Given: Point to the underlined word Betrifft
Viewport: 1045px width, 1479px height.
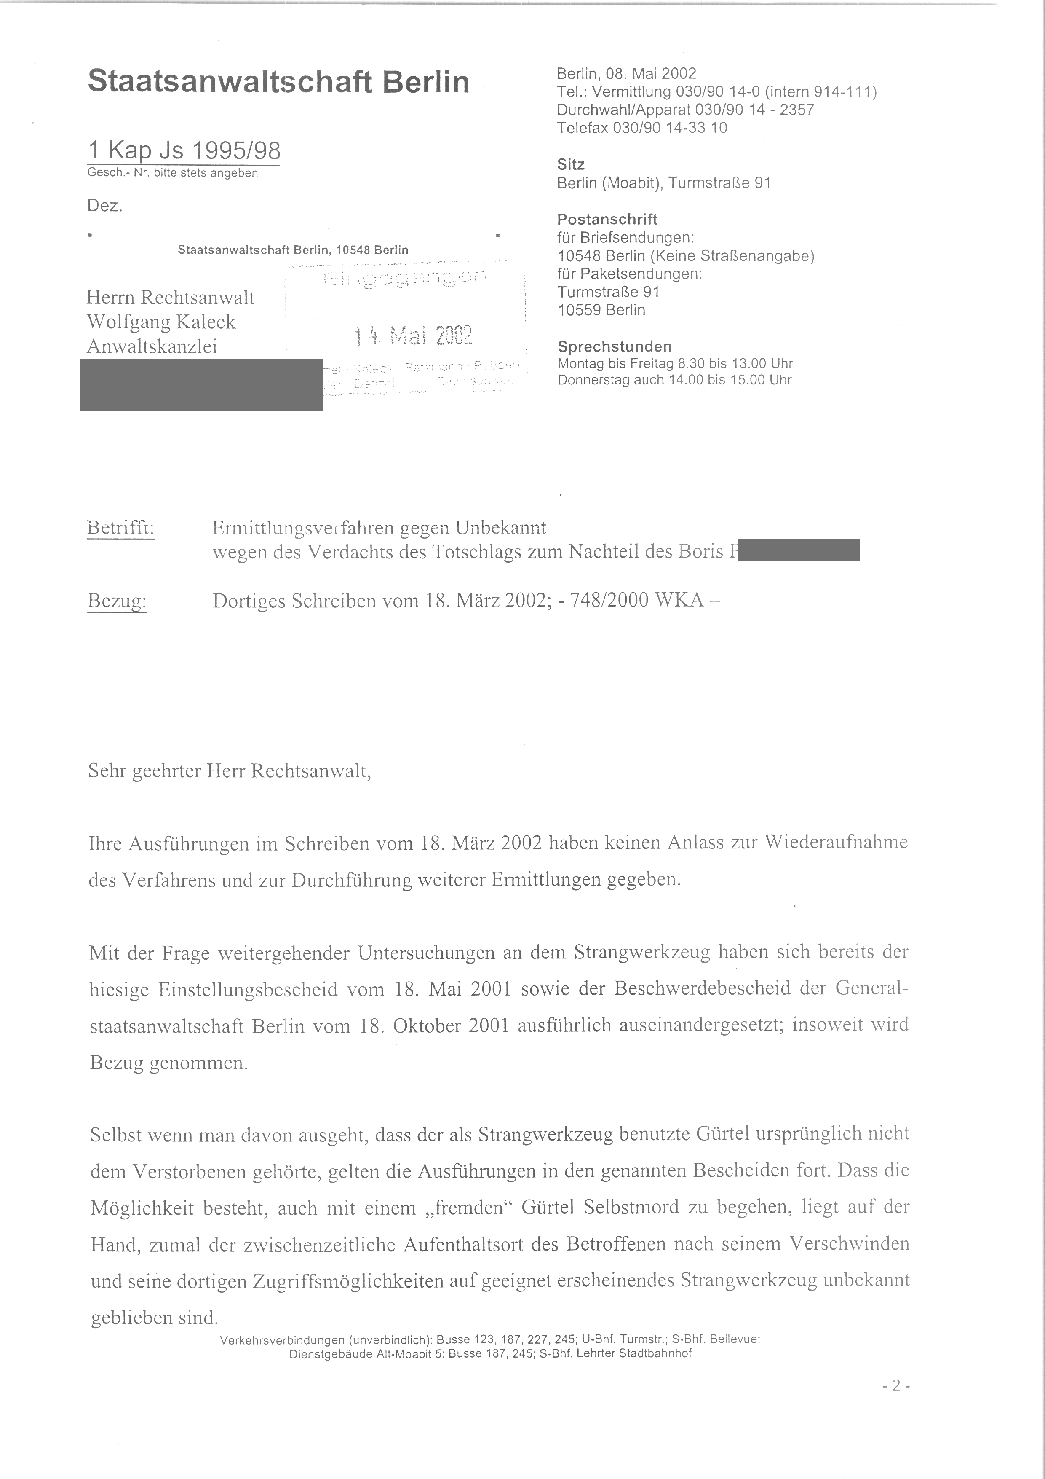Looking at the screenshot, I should tap(120, 528).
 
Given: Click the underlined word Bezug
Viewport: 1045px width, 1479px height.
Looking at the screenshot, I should tap(117, 601).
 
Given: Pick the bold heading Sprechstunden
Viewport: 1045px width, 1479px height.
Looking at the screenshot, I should tap(614, 346).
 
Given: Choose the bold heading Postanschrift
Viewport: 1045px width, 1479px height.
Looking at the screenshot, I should tap(607, 219).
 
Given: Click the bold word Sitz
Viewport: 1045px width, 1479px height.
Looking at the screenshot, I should tap(570, 165).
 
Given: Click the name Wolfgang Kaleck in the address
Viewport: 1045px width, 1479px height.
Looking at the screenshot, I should tap(161, 322).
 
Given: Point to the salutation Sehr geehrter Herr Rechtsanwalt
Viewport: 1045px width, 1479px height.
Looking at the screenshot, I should tap(229, 771).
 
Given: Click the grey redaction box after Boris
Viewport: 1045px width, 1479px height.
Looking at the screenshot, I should tap(799, 550).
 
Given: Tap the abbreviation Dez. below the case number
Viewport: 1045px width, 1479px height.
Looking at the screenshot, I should tap(105, 206).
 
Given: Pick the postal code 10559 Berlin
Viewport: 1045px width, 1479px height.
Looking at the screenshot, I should tap(601, 310).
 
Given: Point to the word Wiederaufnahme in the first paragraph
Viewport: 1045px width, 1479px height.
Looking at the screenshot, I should tap(835, 843).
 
